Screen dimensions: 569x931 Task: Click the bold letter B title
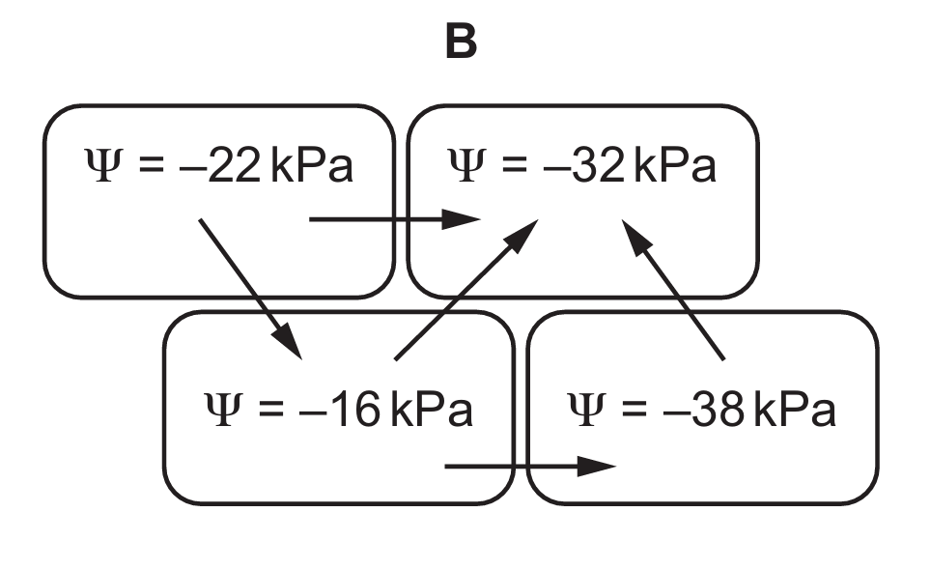[x=462, y=42]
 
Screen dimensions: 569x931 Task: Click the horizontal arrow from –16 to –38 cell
[x=530, y=467]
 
